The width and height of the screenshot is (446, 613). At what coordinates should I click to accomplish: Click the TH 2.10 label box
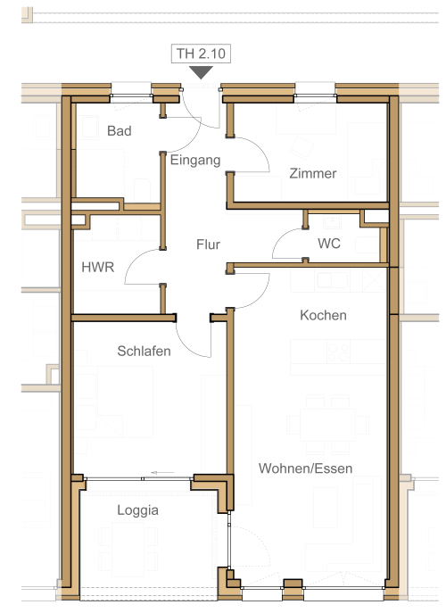tap(201, 54)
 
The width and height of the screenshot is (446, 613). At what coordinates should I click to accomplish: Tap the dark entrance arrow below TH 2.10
tap(201, 72)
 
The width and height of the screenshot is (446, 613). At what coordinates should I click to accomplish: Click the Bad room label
tap(120, 131)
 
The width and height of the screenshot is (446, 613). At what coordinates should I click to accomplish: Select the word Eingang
tap(195, 161)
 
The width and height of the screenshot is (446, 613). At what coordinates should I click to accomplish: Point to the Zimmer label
tap(313, 174)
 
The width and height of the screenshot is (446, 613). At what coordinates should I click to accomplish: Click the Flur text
tap(208, 244)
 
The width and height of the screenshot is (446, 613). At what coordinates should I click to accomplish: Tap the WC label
tap(329, 244)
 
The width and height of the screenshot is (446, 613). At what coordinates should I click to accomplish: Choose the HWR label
tap(98, 268)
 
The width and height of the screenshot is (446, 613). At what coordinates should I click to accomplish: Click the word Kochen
tap(323, 316)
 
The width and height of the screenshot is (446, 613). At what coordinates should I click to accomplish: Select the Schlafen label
tap(144, 351)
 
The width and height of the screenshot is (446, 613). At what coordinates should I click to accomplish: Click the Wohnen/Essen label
tap(305, 468)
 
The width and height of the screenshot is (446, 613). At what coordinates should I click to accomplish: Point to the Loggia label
tap(137, 510)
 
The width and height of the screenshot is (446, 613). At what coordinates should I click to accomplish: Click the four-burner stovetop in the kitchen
tap(338, 352)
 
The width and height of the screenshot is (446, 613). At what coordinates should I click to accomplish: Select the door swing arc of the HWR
tap(133, 259)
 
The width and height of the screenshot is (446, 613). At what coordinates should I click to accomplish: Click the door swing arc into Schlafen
tap(186, 347)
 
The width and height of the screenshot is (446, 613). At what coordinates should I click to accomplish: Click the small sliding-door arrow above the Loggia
tap(162, 473)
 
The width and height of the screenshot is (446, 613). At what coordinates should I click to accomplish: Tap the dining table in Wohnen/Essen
tap(327, 425)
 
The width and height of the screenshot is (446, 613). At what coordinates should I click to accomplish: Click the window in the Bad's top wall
tap(131, 95)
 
